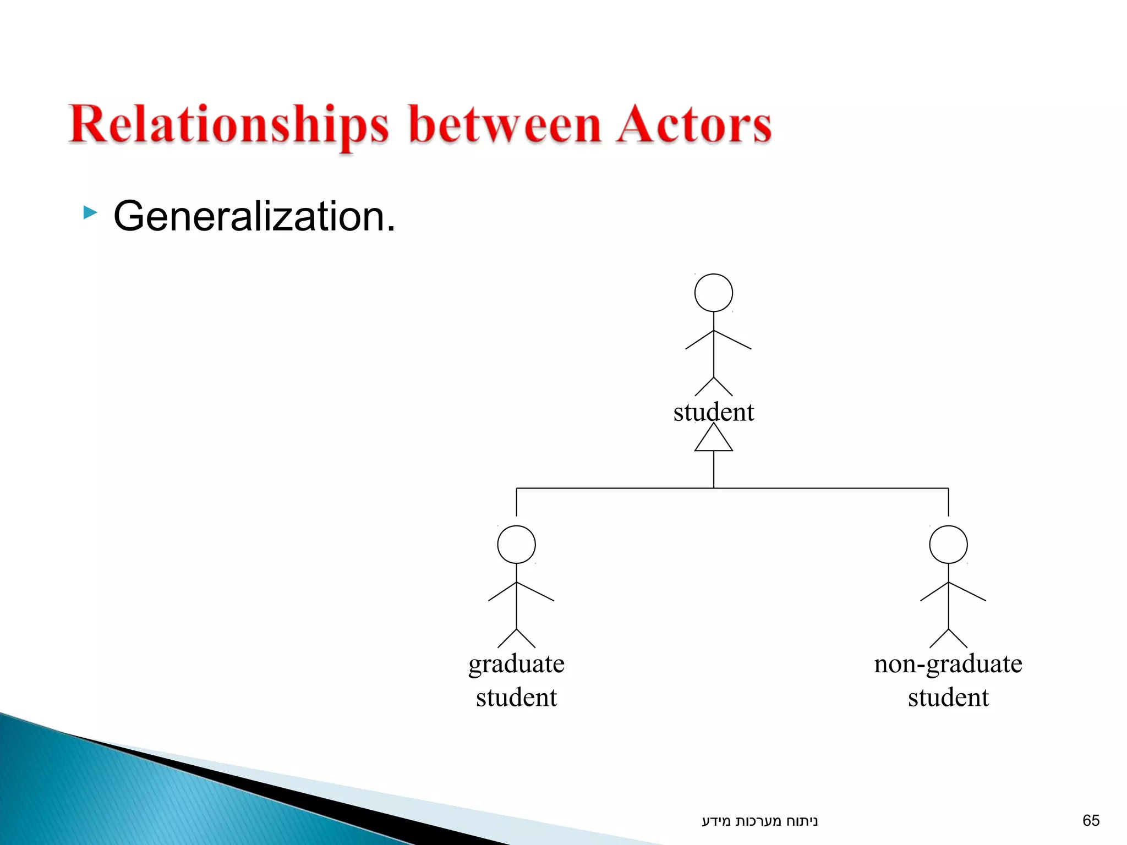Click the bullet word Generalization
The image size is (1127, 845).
(x=254, y=216)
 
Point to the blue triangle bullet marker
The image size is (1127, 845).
(x=90, y=212)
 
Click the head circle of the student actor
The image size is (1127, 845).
(x=713, y=293)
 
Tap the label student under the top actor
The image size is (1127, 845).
(x=713, y=412)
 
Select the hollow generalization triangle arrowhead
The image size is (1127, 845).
(x=713, y=440)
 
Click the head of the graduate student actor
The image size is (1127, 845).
(x=516, y=545)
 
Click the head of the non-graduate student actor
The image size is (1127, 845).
(x=948, y=545)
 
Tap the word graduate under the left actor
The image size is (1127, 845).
(x=516, y=663)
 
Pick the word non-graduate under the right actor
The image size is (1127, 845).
(x=948, y=663)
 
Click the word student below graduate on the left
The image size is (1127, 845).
(x=516, y=698)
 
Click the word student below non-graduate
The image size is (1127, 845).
(x=948, y=698)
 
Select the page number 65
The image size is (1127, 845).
(x=1091, y=820)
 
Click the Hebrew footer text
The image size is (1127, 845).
(x=759, y=821)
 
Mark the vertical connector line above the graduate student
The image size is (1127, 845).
(x=516, y=502)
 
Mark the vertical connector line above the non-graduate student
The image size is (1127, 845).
(x=948, y=502)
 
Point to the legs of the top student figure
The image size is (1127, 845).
(x=713, y=386)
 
